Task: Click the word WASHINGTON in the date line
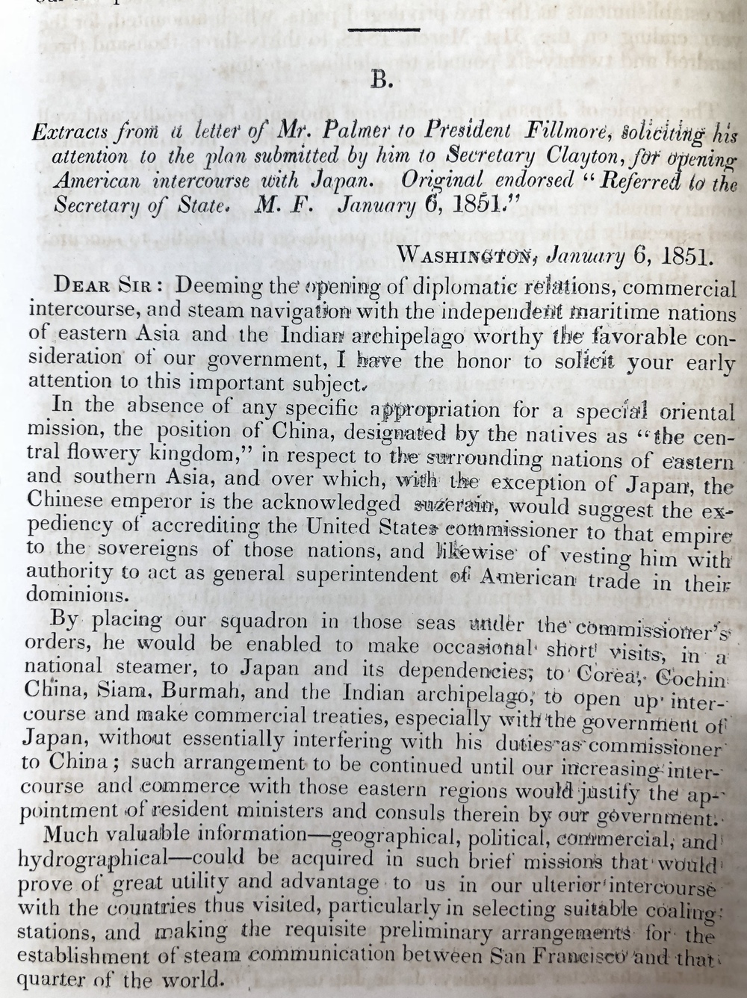(468, 255)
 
